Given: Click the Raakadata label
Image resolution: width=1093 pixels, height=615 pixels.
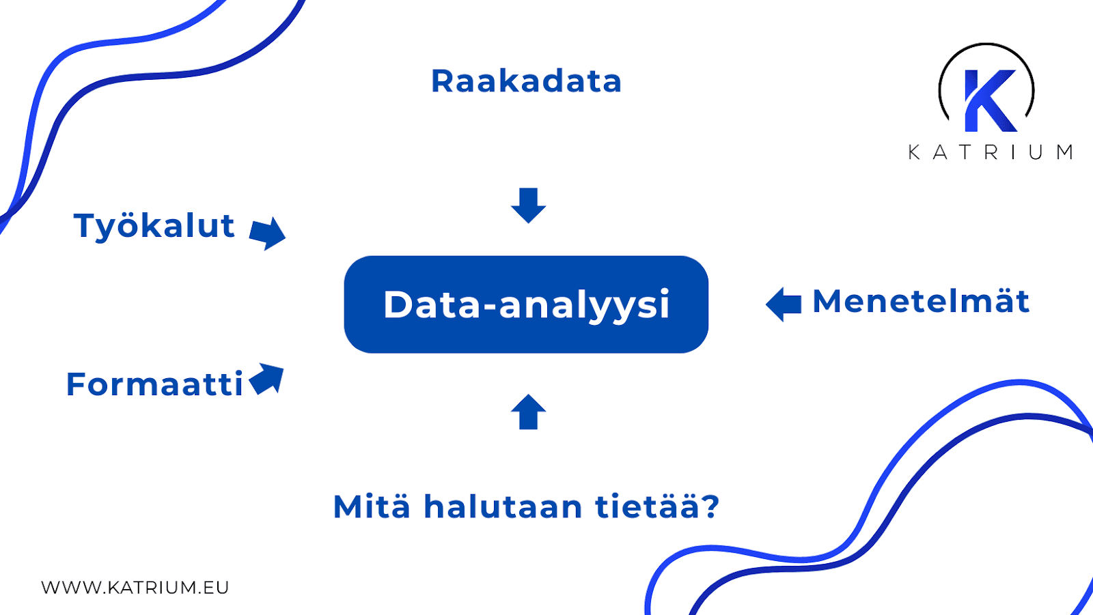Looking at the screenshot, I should pyautogui.click(x=526, y=81).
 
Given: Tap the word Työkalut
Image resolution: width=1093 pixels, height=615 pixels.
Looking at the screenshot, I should pyautogui.click(x=154, y=226).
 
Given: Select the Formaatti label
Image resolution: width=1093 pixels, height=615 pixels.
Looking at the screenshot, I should pyautogui.click(x=154, y=384).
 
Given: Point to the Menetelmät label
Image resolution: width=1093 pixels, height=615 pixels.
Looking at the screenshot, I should pyautogui.click(x=921, y=302).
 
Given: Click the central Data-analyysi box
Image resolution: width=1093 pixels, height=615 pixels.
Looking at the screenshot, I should pyautogui.click(x=526, y=304).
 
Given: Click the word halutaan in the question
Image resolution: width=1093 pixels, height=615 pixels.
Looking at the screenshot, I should pyautogui.click(x=503, y=507).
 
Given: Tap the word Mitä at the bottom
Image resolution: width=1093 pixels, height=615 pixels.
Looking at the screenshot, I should pyautogui.click(x=372, y=507).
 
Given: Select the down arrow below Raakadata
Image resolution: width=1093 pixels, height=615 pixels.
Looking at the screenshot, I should pyautogui.click(x=528, y=205).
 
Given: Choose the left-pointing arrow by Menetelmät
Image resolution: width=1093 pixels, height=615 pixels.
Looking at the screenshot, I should pyautogui.click(x=784, y=304).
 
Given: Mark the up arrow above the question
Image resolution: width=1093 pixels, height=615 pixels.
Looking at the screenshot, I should pyautogui.click(x=528, y=412).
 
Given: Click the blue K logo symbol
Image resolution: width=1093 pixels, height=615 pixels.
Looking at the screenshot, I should pyautogui.click(x=988, y=100).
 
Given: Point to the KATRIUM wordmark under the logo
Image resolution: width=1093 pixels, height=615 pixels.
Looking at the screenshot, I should pyautogui.click(x=990, y=152).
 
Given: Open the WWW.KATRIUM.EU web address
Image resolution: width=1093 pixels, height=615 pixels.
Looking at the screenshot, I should pyautogui.click(x=135, y=588).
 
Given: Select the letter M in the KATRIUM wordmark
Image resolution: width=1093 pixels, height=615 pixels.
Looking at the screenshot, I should pyautogui.click(x=1064, y=152).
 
